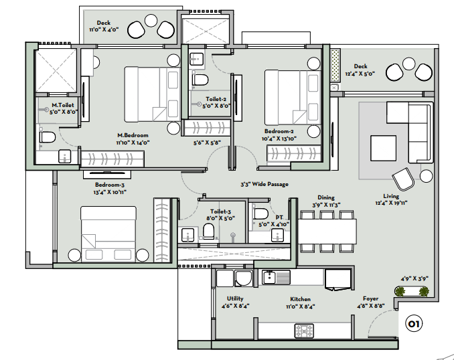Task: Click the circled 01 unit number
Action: click(413, 324)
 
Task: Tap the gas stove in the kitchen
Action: click(304, 331)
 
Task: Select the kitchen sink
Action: click(276, 277)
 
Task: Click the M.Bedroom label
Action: click(133, 135)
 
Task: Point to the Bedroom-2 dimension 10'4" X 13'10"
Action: click(279, 139)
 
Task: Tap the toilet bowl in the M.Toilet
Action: click(48, 137)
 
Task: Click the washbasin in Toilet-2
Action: click(197, 59)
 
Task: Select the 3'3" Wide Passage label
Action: click(264, 184)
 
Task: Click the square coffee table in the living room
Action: click(383, 148)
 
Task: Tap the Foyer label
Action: click(370, 298)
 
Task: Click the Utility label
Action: click(235, 298)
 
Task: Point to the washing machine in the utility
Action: click(244, 278)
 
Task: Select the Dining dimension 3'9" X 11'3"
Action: click(326, 205)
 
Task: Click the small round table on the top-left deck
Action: click(151, 21)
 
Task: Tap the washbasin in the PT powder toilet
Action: click(277, 235)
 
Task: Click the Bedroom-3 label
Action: click(109, 185)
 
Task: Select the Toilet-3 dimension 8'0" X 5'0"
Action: click(220, 218)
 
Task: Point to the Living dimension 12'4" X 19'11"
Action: click(391, 203)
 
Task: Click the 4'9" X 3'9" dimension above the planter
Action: click(414, 278)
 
